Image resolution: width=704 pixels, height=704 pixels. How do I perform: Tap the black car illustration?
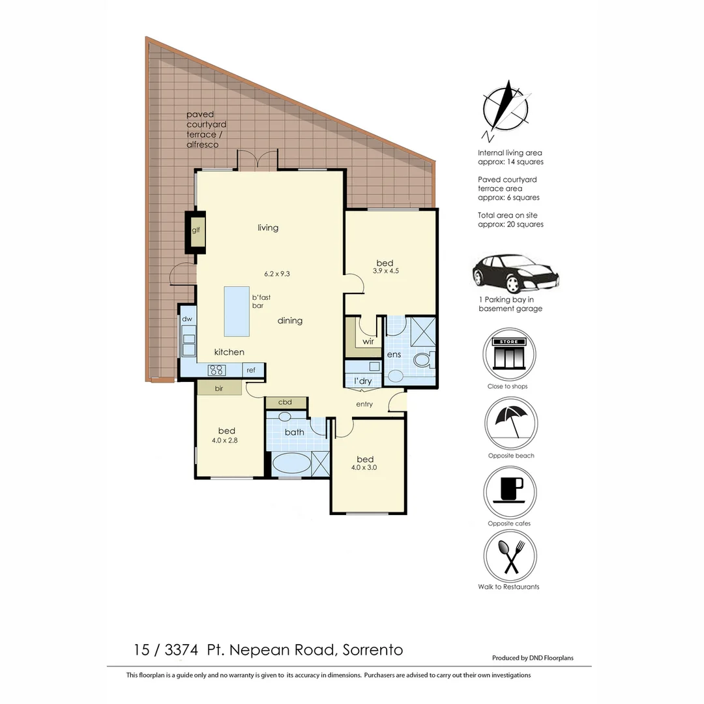coord(515,274)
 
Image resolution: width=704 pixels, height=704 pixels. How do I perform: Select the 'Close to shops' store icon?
coord(509,355)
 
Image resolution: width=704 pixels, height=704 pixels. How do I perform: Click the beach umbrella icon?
coord(510,423)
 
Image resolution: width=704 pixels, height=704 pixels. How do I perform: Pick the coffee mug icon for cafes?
coord(510,491)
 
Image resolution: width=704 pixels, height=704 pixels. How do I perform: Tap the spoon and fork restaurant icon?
coord(510,557)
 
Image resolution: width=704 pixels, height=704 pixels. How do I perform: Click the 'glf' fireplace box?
coord(196,230)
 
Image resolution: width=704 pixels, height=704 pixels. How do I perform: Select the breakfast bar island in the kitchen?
coord(237,311)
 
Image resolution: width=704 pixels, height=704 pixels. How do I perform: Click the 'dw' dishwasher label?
coord(187,319)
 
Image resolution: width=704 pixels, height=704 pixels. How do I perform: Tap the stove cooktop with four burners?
coord(216,370)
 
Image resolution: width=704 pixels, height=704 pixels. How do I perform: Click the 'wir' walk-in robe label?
coord(368,341)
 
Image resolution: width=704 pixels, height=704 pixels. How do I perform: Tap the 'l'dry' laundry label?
coord(363,381)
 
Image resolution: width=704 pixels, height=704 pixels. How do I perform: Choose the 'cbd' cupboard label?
coord(285,402)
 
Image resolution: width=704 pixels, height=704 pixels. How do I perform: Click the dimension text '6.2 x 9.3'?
coord(276,274)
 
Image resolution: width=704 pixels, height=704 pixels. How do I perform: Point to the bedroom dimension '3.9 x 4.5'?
coord(385,271)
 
